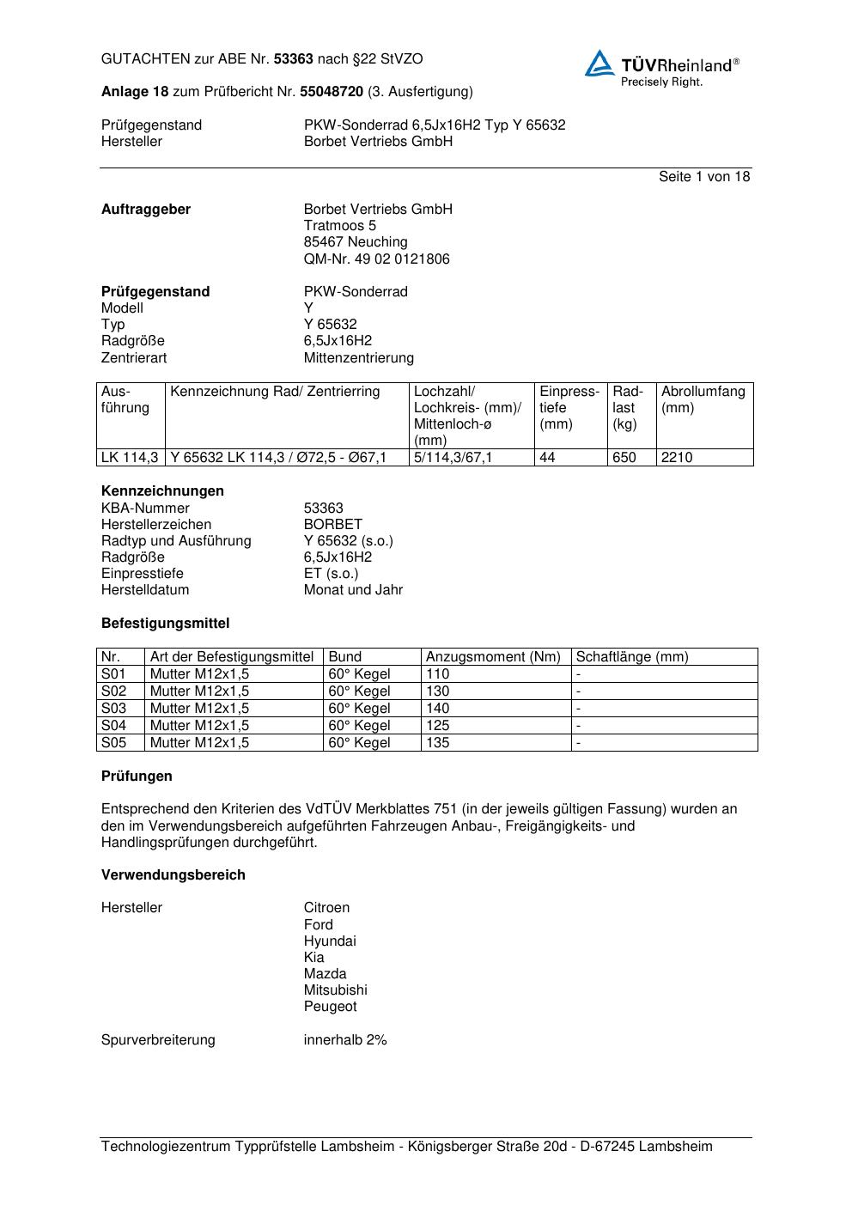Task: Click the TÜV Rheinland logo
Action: pyautogui.click(x=661, y=67)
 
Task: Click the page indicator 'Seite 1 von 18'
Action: pyautogui.click(x=703, y=177)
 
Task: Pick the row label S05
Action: pyautogui.click(x=113, y=743)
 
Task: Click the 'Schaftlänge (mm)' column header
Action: pyautogui.click(x=632, y=657)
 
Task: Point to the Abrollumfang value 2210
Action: pyautogui.click(x=677, y=458)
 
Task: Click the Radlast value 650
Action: pyautogui.click(x=624, y=458)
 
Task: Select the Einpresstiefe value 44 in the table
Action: pyautogui.click(x=548, y=458)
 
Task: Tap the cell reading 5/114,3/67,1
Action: pyautogui.click(x=453, y=458)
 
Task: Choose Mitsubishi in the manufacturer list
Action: pyautogui.click(x=335, y=990)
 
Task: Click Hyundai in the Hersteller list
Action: pyautogui.click(x=330, y=941)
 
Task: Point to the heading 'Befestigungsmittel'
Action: pyautogui.click(x=165, y=624)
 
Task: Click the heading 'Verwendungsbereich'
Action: pyautogui.click(x=173, y=875)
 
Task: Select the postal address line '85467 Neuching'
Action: pyautogui.click(x=356, y=242)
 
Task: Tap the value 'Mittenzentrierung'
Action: pyautogui.click(x=358, y=358)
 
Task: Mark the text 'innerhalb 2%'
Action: pyautogui.click(x=345, y=1040)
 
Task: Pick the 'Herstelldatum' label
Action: pyautogui.click(x=145, y=590)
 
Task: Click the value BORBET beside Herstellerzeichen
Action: pyautogui.click(x=333, y=525)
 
